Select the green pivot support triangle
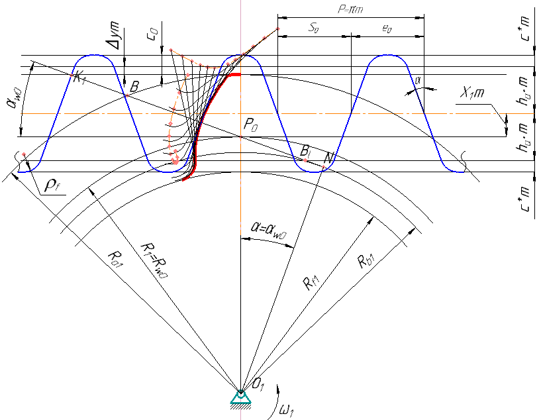coord(239,397)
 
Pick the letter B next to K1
coord(134,86)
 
